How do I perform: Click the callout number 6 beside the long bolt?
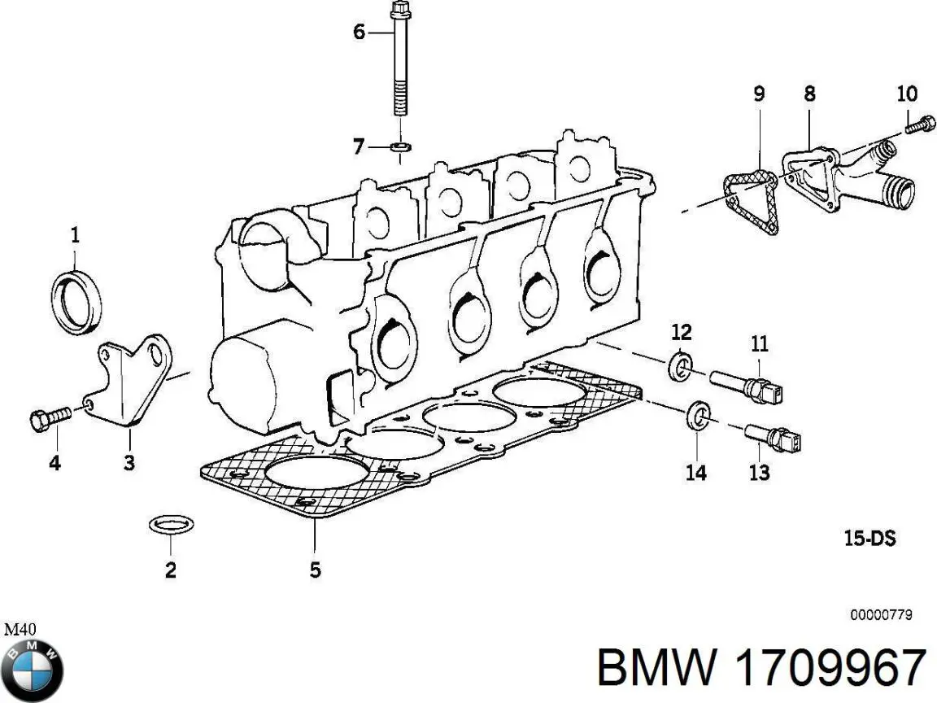tap(359, 33)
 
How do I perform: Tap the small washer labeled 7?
tap(400, 148)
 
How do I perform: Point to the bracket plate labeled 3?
tap(134, 382)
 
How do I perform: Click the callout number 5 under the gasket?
tap(315, 570)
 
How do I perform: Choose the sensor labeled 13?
tap(773, 438)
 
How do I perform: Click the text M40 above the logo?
tap(20, 629)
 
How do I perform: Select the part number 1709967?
tap(830, 669)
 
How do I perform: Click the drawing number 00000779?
tap(881, 615)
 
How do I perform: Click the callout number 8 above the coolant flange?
tap(809, 94)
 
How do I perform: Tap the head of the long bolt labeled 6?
tap(399, 11)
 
